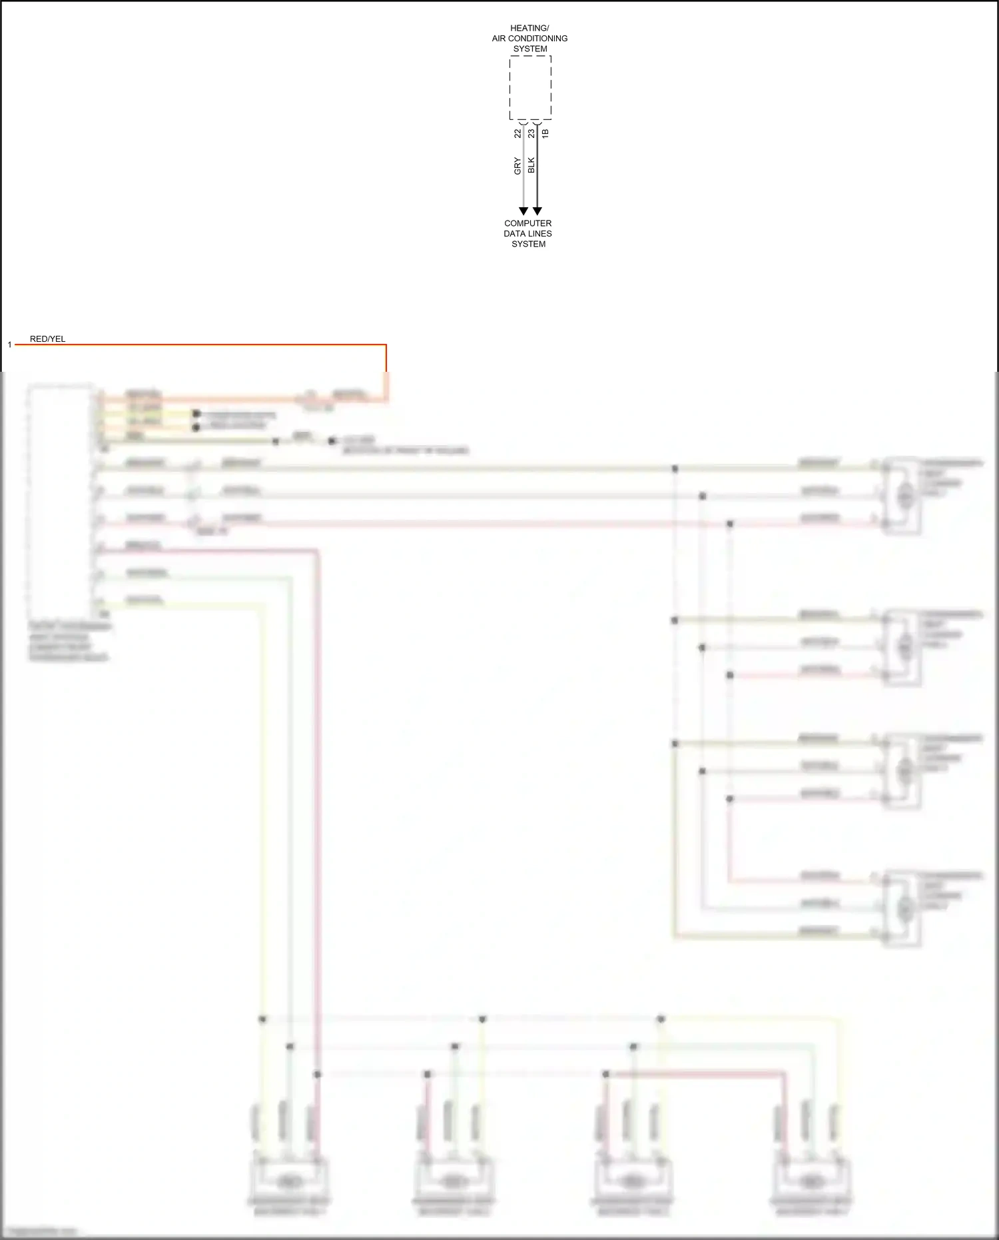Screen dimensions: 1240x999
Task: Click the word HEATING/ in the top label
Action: pos(529,28)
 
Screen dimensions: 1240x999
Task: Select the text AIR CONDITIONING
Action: pos(529,39)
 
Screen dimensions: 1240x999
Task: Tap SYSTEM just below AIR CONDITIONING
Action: pos(530,49)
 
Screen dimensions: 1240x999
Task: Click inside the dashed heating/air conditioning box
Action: pos(530,87)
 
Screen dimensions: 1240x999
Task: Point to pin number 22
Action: pos(517,133)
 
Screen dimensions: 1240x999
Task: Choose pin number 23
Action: pos(531,133)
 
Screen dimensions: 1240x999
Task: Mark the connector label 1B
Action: pos(545,133)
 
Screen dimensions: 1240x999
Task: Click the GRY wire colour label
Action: pos(517,166)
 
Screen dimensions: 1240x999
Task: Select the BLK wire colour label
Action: pos(531,165)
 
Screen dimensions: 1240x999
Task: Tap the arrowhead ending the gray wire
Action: pos(523,211)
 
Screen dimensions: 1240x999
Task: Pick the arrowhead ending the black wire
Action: pos(537,211)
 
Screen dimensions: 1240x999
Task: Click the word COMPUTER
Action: pos(527,223)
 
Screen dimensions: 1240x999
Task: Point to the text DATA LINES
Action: pos(527,234)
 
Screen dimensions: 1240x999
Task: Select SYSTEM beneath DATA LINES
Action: pos(528,244)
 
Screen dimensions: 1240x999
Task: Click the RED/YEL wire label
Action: pos(47,339)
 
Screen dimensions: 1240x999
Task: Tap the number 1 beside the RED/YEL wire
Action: pos(9,344)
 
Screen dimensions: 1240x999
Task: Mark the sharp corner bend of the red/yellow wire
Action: pos(386,344)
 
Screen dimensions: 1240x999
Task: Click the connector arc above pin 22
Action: pos(523,123)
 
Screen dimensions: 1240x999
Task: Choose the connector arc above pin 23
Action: pos(537,123)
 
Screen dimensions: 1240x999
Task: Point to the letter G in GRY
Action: pos(517,172)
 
